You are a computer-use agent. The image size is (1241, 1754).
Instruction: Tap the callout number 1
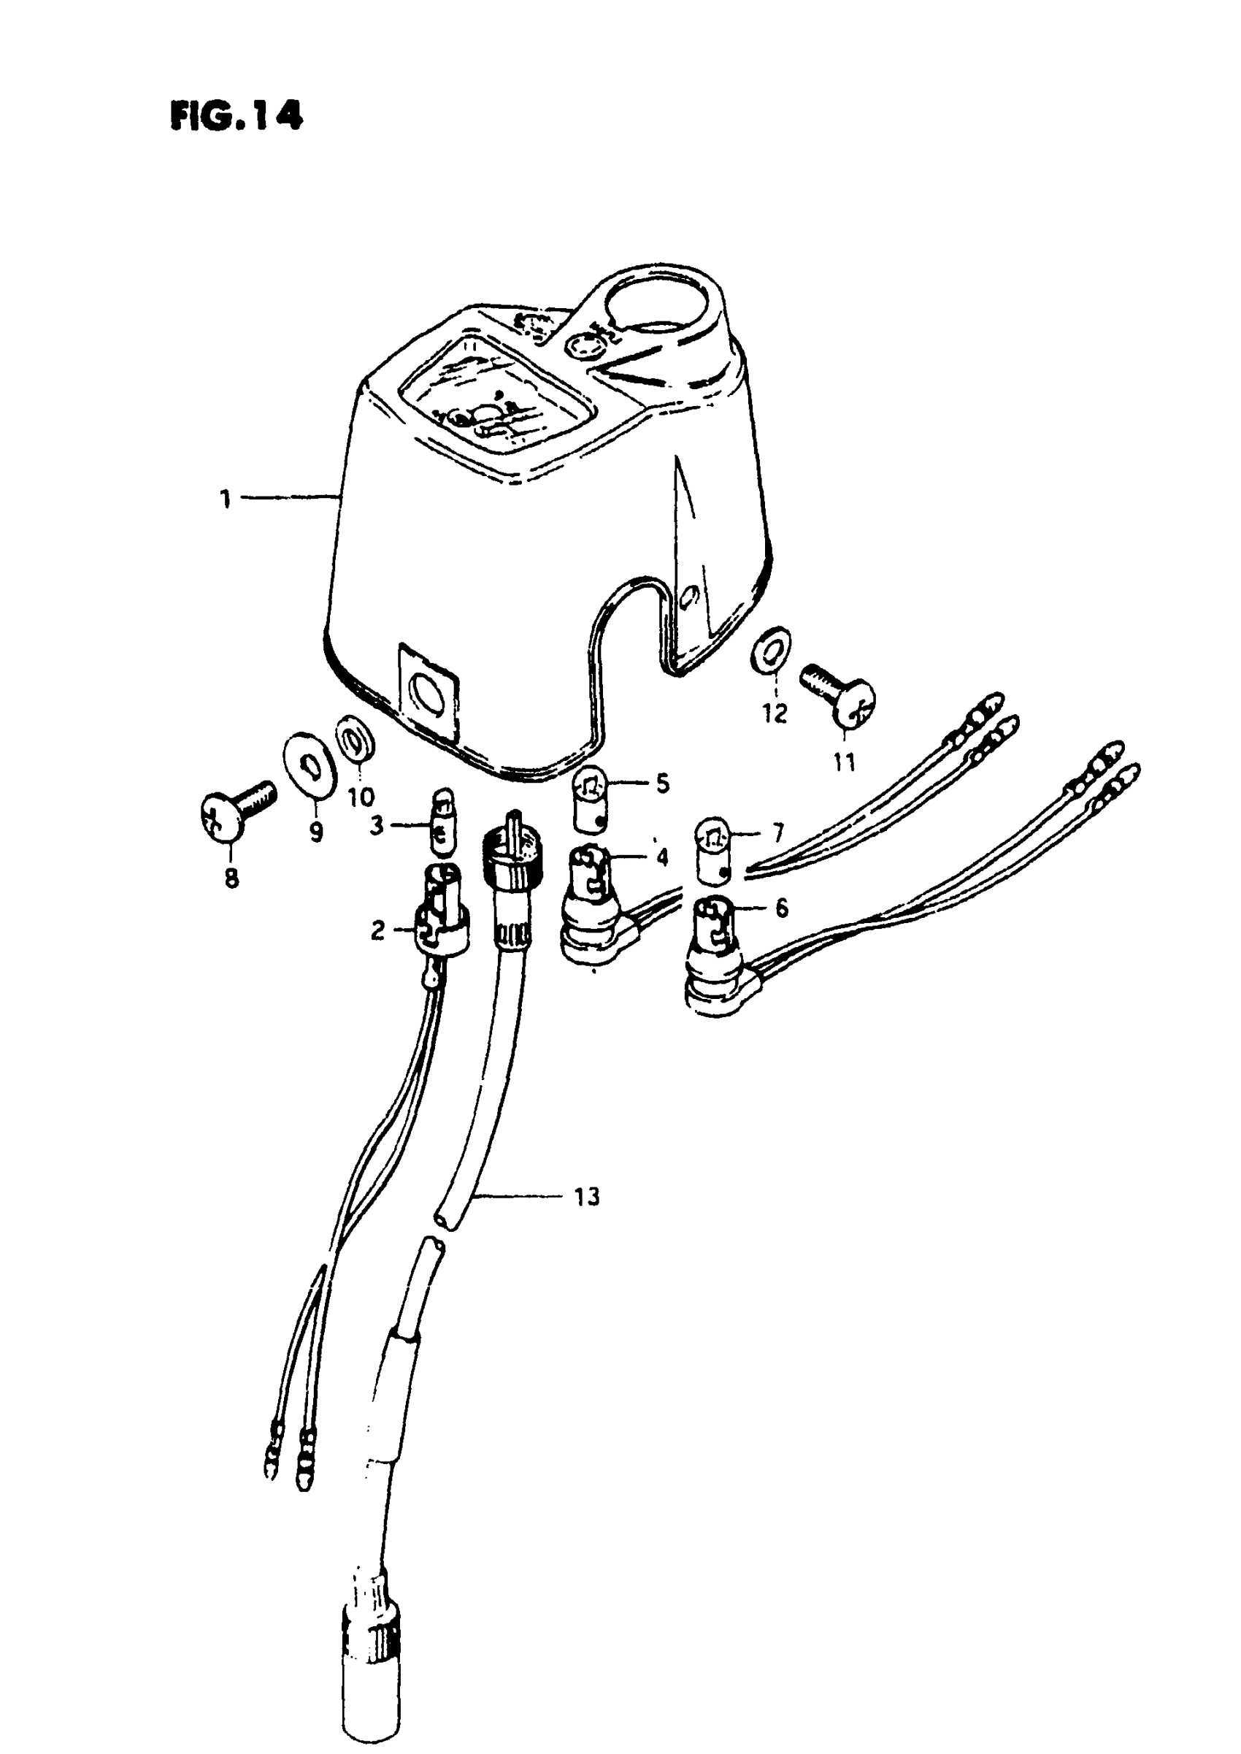[x=225, y=501]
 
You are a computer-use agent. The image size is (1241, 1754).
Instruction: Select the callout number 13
[x=587, y=1197]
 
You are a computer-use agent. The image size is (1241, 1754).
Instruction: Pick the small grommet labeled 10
[x=354, y=739]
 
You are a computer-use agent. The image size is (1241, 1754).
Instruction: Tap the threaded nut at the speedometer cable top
[x=508, y=852]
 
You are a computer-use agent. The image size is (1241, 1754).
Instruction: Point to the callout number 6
[x=781, y=908]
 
